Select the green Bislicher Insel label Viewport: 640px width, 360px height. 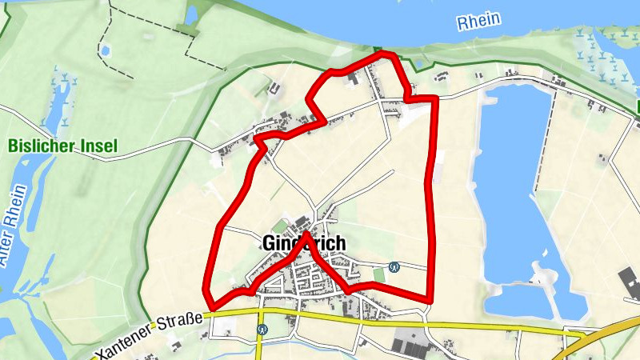(x=62, y=146)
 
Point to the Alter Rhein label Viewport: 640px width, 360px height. (x=14, y=225)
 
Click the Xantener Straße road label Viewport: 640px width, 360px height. (x=149, y=336)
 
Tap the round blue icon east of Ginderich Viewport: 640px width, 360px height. (x=394, y=266)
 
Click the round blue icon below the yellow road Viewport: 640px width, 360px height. (x=262, y=329)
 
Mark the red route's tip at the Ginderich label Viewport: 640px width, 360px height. (x=306, y=234)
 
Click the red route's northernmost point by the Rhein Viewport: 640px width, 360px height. (x=386, y=54)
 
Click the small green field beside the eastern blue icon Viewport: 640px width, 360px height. (x=378, y=274)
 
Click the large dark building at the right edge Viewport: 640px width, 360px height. (x=630, y=284)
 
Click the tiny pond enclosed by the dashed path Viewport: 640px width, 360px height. (x=105, y=50)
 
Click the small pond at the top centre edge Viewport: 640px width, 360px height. (x=193, y=14)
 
